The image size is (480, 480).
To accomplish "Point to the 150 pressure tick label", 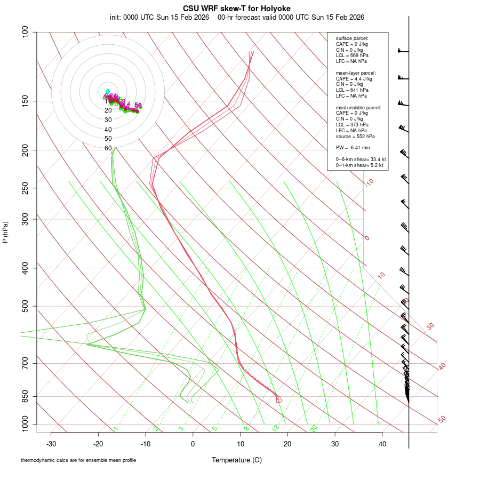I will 25,101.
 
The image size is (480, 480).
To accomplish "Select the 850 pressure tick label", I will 25,396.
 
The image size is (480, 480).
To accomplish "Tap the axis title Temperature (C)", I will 237,460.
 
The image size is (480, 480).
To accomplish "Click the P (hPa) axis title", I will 5,233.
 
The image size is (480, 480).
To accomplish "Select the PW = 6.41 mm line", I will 349,148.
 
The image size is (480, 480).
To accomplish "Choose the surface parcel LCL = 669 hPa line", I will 352,55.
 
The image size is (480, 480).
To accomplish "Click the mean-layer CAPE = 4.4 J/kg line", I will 354,78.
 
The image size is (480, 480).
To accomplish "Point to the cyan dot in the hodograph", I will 108,91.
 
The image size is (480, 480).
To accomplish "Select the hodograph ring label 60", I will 108,148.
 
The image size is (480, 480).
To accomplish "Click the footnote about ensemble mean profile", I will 78,460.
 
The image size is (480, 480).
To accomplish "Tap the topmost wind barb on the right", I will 403,51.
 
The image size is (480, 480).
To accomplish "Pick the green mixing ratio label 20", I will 314,428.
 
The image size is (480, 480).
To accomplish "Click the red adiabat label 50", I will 442,419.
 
